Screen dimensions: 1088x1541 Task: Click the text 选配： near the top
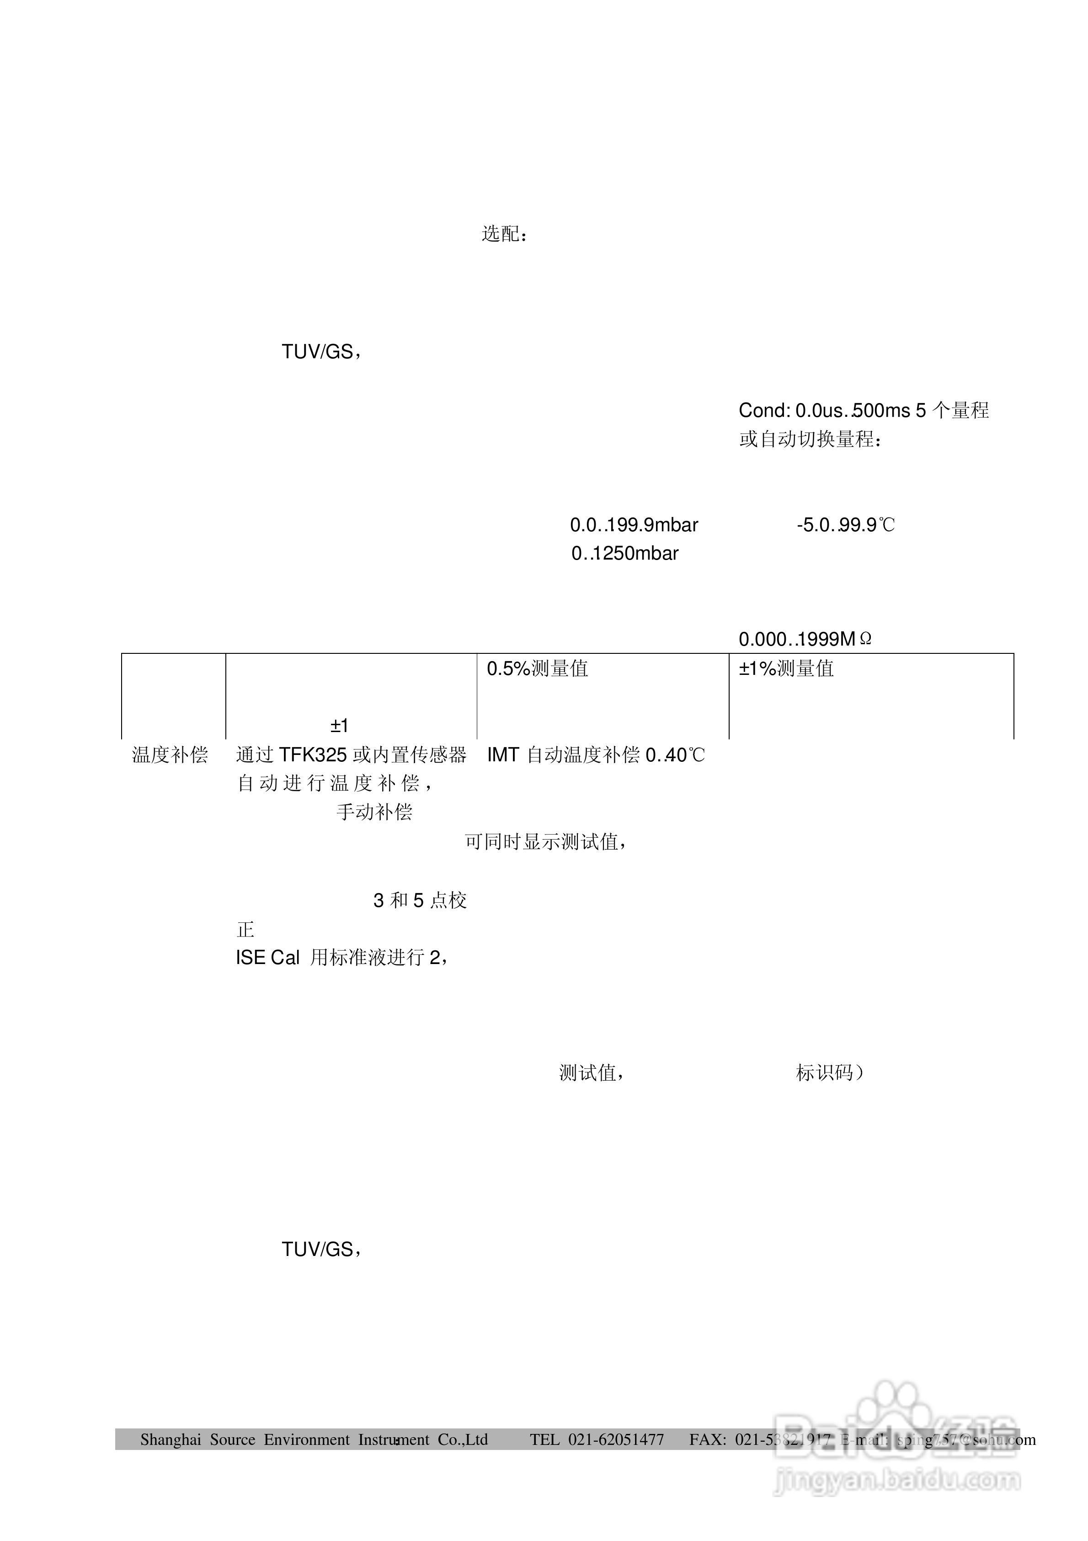pos(504,234)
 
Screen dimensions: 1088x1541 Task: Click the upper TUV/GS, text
pos(321,352)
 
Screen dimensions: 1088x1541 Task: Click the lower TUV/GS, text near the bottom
pos(321,1249)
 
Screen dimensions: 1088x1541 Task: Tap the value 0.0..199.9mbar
pos(634,525)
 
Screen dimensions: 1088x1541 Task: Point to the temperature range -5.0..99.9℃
pos(845,525)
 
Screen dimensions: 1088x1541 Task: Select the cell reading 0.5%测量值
pos(537,668)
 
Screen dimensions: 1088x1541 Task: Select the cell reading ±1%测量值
pos(786,668)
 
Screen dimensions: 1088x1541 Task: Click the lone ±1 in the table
pos(339,726)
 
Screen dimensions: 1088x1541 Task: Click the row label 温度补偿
pos(170,755)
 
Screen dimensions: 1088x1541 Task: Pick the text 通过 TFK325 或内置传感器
pos(351,755)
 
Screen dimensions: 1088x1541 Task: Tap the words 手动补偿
pos(374,812)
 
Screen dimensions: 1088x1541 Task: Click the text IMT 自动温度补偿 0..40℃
pos(596,755)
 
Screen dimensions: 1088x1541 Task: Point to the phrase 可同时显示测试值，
pos(546,841)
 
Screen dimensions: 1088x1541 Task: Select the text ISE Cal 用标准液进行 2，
pos(341,958)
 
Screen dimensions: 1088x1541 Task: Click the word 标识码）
pos(830,1072)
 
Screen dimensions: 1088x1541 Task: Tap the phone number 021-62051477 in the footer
pos(616,1439)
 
